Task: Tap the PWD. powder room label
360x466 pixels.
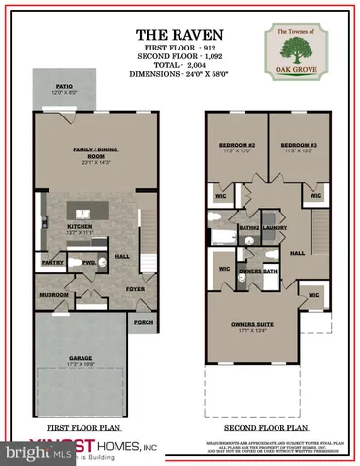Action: point(88,262)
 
